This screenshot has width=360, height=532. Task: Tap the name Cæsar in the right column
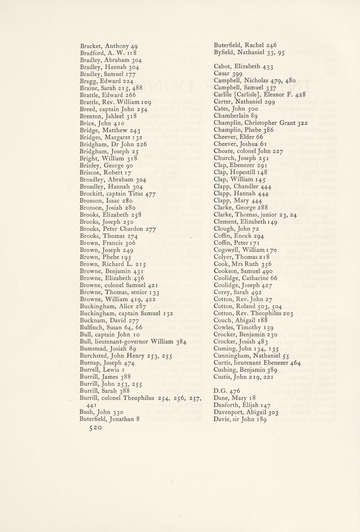(x=222, y=73)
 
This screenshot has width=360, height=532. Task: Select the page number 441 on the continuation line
(x=92, y=405)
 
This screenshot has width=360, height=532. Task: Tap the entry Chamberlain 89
(x=236, y=116)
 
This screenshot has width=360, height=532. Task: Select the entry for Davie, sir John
(x=240, y=419)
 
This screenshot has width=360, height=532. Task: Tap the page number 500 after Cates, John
(x=253, y=109)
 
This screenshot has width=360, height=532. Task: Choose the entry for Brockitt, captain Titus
(x=118, y=194)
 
